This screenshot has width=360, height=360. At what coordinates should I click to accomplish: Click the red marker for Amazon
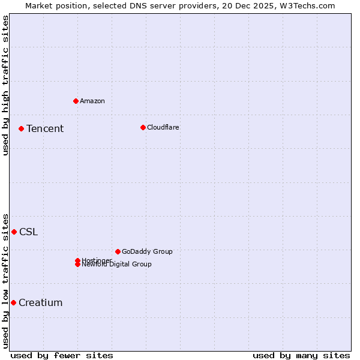click(76, 101)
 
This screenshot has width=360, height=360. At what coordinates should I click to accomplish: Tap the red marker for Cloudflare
click(143, 127)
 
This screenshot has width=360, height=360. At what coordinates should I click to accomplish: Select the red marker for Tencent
click(21, 128)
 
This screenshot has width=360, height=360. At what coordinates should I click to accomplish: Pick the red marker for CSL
click(14, 232)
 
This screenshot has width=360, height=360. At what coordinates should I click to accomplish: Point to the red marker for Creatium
click(13, 302)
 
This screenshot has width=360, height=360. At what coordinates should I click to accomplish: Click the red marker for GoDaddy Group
click(118, 251)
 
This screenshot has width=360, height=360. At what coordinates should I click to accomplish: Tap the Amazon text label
click(92, 101)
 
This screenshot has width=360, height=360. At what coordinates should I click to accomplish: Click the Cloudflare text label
click(163, 127)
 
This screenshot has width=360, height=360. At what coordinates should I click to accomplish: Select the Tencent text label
click(45, 128)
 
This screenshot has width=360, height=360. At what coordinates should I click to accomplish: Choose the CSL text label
click(28, 232)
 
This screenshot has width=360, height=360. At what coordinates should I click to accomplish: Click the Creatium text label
click(40, 302)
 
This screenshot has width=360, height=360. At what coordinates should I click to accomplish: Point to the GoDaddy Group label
click(147, 251)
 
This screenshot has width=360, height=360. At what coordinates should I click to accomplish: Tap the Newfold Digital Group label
click(117, 265)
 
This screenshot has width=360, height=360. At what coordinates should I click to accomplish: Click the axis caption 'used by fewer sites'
click(62, 355)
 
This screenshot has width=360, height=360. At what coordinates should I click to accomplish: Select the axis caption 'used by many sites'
click(301, 355)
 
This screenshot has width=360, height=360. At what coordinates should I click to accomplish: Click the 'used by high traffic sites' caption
click(6, 85)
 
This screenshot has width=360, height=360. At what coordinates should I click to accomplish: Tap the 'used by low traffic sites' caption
click(6, 280)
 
